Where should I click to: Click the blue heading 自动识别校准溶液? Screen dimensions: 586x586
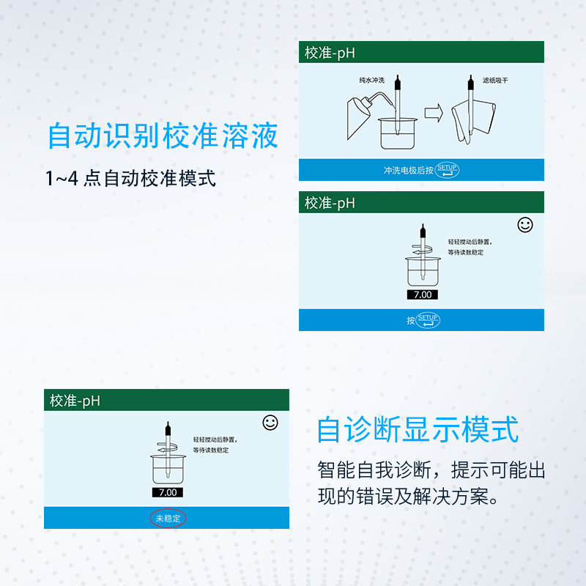pyautogui.click(x=163, y=136)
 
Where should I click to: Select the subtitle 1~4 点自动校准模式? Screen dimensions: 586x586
pyautogui.click(x=130, y=179)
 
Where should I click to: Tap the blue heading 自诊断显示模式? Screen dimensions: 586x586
pyautogui.click(x=418, y=429)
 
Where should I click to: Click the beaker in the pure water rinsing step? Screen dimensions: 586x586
pyautogui.click(x=396, y=132)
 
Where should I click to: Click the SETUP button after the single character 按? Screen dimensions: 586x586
pyautogui.click(x=428, y=320)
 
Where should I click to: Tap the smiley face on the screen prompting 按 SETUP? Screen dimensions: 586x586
pyautogui.click(x=525, y=225)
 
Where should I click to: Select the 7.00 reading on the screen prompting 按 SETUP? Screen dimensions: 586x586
pyautogui.click(x=423, y=294)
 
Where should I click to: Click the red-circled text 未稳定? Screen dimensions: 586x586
pyautogui.click(x=168, y=518)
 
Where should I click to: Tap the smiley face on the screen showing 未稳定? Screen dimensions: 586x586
pyautogui.click(x=270, y=423)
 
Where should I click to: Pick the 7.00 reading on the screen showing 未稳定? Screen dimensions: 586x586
pyautogui.click(x=168, y=492)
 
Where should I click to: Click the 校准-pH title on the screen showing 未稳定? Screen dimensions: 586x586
pyautogui.click(x=75, y=400)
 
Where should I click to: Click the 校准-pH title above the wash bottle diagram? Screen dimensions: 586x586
pyautogui.click(x=330, y=53)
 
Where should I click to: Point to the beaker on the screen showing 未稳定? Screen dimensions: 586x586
pyautogui.click(x=168, y=469)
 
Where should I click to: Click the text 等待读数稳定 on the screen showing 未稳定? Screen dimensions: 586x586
pyautogui.click(x=211, y=450)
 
